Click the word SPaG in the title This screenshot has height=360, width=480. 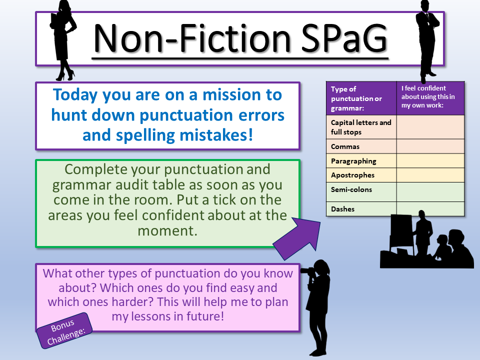click(x=344, y=38)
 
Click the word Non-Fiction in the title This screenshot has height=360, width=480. click(x=192, y=38)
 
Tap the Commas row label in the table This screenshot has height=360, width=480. click(x=345, y=146)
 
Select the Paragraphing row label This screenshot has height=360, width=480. click(x=353, y=161)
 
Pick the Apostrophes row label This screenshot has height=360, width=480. click(x=352, y=175)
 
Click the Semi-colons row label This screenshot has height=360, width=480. click(x=351, y=189)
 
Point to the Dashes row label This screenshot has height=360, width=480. click(x=342, y=209)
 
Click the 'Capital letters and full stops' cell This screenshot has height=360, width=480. click(x=361, y=127)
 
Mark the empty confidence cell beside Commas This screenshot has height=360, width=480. click(x=430, y=146)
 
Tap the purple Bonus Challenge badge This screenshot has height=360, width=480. click(x=64, y=330)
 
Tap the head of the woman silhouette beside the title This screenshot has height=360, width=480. click(x=65, y=6)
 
